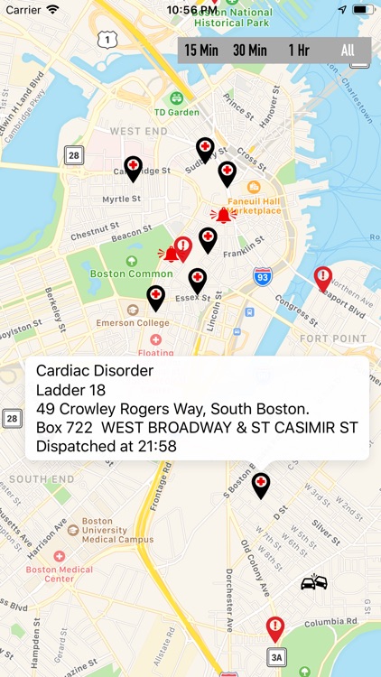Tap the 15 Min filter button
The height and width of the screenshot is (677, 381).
coord(203,51)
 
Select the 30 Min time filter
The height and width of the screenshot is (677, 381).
coord(250,51)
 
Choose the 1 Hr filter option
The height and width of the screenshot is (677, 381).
coord(299,51)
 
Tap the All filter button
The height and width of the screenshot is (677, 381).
coord(348,51)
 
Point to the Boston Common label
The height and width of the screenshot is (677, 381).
coord(118,273)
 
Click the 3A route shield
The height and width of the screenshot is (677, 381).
coord(276,657)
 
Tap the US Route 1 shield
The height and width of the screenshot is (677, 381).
coord(107,38)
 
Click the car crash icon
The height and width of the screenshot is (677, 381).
coord(313,582)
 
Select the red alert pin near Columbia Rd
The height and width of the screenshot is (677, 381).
coord(275,626)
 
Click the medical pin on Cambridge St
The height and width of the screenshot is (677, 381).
coord(134,167)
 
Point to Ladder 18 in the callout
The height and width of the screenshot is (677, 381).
coord(71,390)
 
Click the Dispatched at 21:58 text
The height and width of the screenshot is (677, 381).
coord(106,445)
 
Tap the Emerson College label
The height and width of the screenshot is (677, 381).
coord(133,322)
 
